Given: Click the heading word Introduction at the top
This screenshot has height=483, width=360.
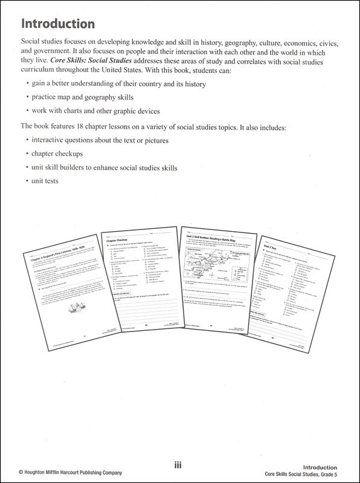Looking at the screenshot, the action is coord(58,24).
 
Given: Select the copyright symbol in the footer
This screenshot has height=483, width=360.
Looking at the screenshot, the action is coord(5,473).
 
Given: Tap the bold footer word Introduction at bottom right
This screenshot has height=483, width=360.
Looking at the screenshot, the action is coord(334,467).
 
